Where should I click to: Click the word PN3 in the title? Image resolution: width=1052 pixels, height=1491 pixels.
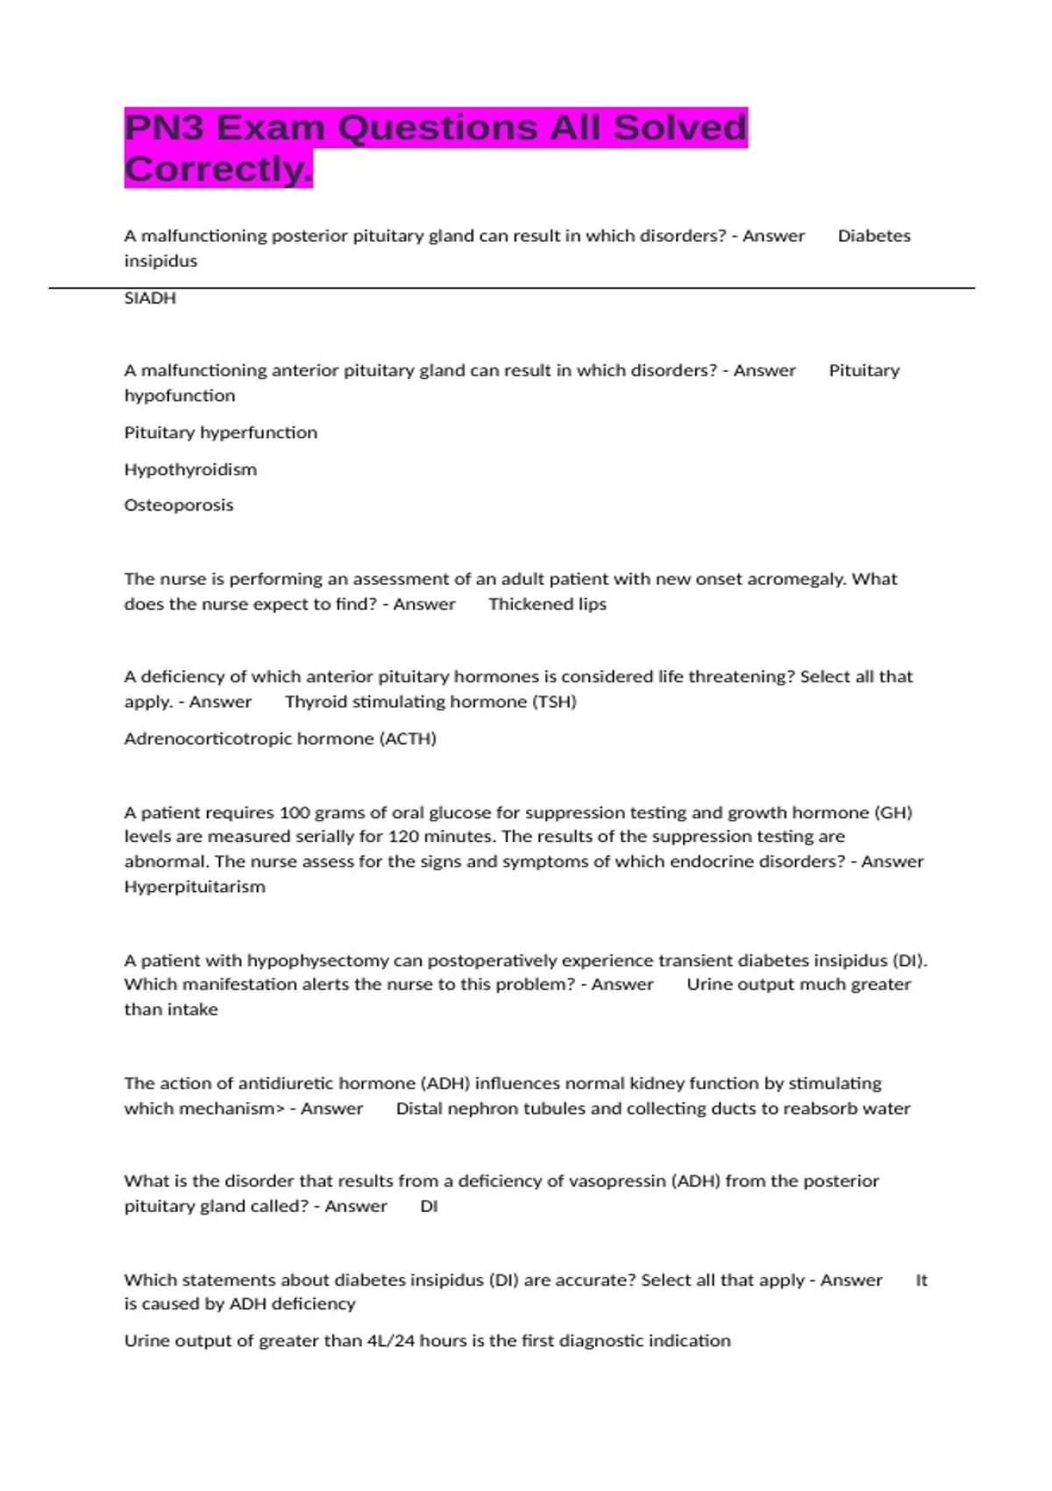pos(164,128)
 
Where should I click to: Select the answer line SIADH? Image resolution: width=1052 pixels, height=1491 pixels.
pos(150,298)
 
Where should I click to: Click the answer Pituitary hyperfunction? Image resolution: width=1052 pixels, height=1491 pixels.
pos(221,432)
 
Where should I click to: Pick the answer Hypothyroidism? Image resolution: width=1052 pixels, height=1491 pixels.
pos(190,469)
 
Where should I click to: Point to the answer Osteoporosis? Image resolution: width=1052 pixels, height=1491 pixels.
pos(179,505)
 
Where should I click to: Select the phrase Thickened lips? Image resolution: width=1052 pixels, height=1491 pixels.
pos(547,604)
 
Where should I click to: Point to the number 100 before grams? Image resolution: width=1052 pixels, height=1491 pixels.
pos(294,812)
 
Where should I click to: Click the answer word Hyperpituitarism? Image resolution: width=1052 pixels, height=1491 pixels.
pos(195,887)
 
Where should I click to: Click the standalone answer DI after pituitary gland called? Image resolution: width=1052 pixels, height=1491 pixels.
pos(429,1206)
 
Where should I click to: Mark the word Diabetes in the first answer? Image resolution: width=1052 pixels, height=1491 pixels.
pos(874,236)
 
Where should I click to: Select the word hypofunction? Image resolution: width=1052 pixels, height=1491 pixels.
pos(180,396)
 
